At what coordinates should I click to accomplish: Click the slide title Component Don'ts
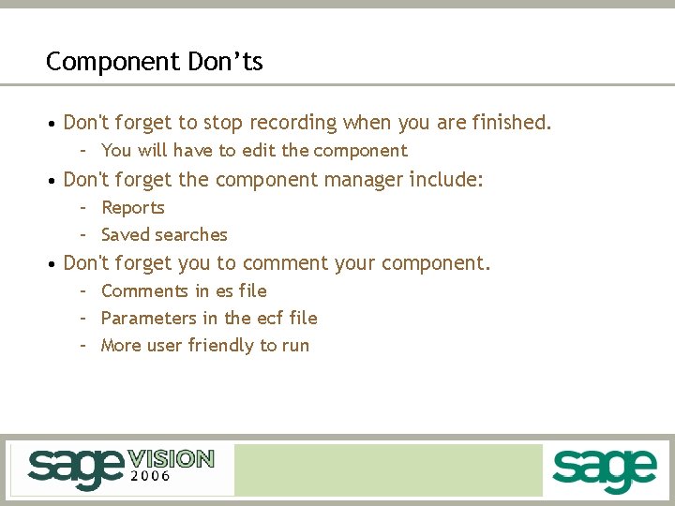pyautogui.click(x=155, y=62)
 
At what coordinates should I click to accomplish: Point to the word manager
pyautogui.click(x=365, y=180)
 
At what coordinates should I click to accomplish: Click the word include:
pyautogui.click(x=447, y=180)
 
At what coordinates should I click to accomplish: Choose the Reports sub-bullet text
pyautogui.click(x=133, y=208)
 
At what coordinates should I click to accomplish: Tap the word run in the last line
pyautogui.click(x=295, y=347)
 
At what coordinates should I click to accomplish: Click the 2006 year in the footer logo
pyautogui.click(x=149, y=476)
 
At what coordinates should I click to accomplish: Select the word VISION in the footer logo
pyautogui.click(x=171, y=459)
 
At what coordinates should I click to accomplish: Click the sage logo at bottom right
pyautogui.click(x=604, y=470)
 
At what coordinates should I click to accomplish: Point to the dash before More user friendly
pyautogui.click(x=83, y=346)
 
